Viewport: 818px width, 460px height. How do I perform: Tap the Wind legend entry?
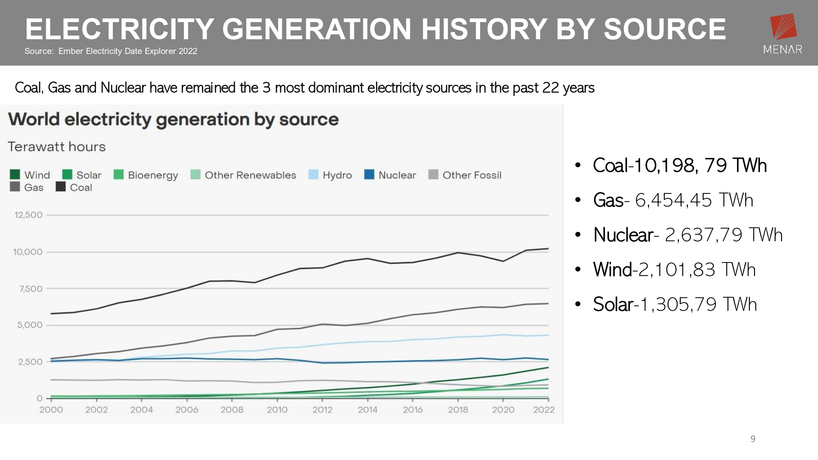click(x=30, y=175)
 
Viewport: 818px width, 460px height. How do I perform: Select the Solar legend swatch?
click(x=67, y=175)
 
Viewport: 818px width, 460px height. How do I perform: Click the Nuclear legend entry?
click(x=390, y=175)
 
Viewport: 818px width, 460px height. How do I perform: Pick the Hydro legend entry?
click(x=330, y=175)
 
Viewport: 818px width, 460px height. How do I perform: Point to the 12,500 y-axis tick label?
click(x=29, y=215)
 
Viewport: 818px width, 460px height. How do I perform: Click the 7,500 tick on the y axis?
click(x=31, y=289)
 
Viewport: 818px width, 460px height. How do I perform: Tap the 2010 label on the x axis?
click(x=277, y=410)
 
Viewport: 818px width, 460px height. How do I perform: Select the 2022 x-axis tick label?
click(x=544, y=410)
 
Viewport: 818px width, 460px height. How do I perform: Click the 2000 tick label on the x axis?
click(x=51, y=410)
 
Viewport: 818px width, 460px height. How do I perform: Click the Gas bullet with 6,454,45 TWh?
click(x=673, y=200)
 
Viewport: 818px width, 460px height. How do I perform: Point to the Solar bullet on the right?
click(x=675, y=305)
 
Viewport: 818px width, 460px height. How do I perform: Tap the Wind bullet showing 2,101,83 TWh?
click(x=674, y=270)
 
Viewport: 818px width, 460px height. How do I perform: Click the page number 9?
click(x=753, y=439)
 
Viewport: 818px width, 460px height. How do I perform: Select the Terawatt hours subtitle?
click(x=57, y=147)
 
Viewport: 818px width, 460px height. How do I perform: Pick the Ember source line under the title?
click(x=111, y=51)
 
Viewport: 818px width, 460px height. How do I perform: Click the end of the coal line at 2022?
click(x=548, y=249)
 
